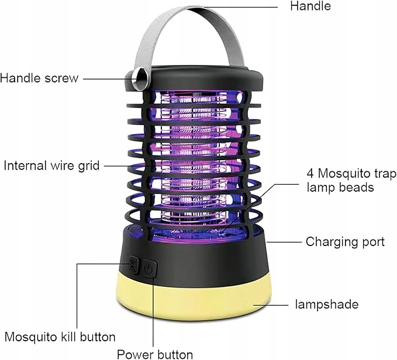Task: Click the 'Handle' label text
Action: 310,6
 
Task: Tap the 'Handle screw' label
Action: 39,78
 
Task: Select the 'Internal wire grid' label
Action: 51,165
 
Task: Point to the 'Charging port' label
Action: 345,241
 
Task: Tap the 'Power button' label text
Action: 155,354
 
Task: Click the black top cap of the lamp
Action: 199,75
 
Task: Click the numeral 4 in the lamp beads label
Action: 310,174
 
